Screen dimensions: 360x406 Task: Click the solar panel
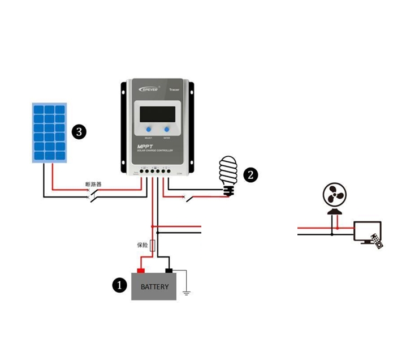point(49,132)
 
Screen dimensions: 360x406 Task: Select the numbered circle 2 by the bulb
point(250,175)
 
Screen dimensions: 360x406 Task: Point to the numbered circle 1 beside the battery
point(119,285)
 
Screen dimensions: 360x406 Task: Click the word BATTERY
point(154,287)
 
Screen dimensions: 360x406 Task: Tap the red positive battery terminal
point(140,270)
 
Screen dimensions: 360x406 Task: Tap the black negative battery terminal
point(168,270)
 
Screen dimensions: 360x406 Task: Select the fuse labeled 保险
point(153,245)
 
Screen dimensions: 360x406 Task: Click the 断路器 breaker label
point(93,185)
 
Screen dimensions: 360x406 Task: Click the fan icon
point(334,196)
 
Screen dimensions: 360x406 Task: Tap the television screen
point(366,232)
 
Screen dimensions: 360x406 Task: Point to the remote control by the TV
point(377,241)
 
